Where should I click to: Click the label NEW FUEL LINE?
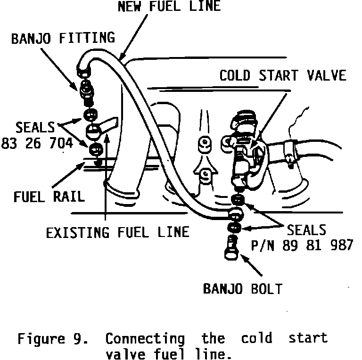169,7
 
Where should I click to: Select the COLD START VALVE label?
283,75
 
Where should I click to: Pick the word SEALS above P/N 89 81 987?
307,229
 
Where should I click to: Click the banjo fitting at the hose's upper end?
86,87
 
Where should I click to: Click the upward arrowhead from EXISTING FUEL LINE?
108,137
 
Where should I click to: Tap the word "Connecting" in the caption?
145,339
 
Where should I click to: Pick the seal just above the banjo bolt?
233,229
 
